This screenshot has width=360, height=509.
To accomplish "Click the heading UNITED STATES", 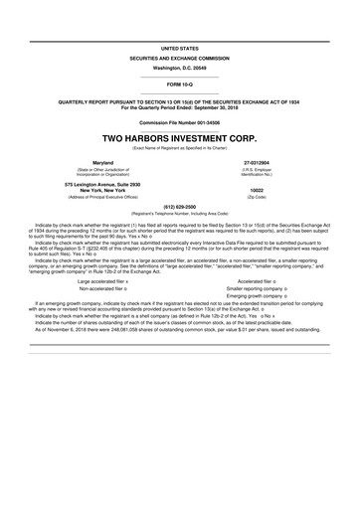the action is pyautogui.click(x=180, y=47).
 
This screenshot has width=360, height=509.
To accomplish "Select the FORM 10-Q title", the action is pyautogui.click(x=180, y=84).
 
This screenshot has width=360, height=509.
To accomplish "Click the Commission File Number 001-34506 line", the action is pyautogui.click(x=180, y=121).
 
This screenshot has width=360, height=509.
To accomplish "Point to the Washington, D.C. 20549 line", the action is pyautogui.click(x=180, y=66).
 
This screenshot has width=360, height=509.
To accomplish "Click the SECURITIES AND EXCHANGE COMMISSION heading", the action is pyautogui.click(x=180, y=57).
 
